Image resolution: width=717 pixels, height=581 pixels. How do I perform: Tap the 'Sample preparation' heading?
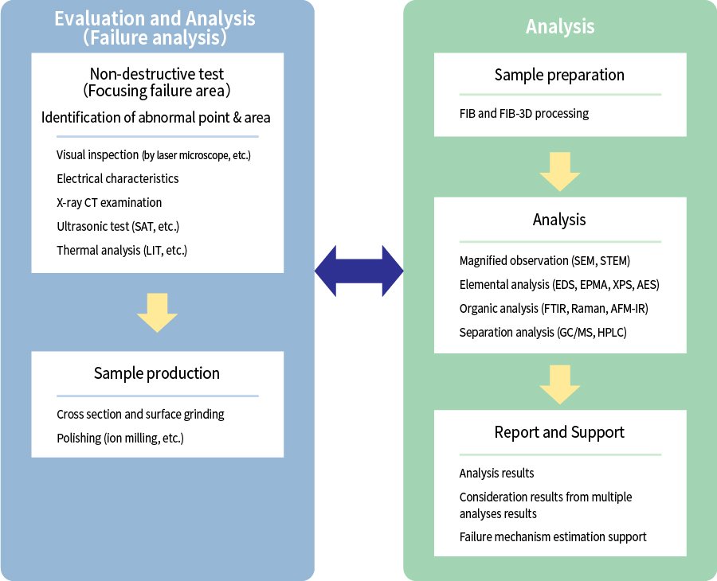[559, 75]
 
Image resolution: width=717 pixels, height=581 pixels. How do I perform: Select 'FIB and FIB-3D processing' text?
[524, 113]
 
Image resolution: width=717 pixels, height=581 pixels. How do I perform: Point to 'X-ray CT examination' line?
[109, 202]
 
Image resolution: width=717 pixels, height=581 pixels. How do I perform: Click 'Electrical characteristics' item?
[118, 178]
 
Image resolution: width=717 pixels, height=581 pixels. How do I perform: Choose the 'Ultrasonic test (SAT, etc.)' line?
[118, 226]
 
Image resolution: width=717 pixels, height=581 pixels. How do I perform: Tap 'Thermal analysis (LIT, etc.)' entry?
[122, 250]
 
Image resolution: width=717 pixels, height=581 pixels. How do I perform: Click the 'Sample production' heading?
[157, 372]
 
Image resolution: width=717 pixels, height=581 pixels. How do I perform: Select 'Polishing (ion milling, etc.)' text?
[120, 438]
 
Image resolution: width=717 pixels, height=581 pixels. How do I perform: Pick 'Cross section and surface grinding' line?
[140, 414]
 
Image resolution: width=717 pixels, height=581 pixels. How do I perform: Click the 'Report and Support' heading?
[559, 432]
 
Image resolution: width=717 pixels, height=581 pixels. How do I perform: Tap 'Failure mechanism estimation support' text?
[553, 536]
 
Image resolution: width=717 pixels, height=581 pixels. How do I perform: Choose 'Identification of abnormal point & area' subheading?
[156, 118]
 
